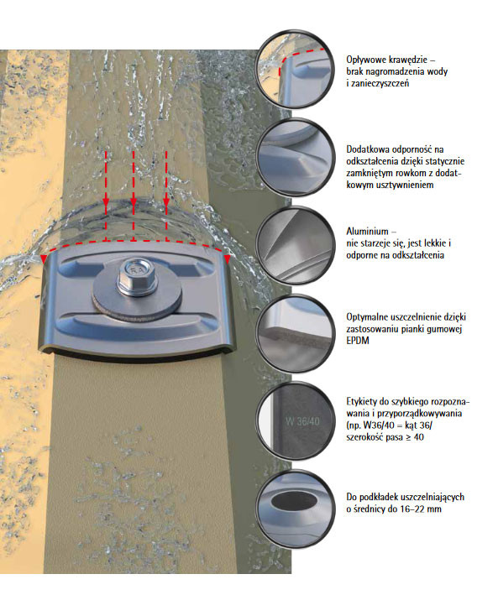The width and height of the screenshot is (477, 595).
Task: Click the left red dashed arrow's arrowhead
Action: pos(106,204)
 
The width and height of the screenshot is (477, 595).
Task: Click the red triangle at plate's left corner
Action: pos(44,259)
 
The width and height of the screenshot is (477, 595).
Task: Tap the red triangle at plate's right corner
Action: pos(227,259)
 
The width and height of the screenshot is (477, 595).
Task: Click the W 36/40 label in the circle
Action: pos(302,421)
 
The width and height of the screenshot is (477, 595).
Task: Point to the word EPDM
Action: pos(358,341)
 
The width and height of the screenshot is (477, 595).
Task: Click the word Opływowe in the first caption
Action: pos(366,60)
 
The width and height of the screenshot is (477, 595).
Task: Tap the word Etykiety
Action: pos(362,402)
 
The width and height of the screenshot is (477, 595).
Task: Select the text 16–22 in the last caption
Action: pos(401,509)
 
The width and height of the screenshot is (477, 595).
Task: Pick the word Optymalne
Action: pos(367,317)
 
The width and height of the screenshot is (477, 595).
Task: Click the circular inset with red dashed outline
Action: pos(295,69)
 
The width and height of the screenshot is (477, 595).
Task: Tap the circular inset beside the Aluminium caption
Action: pos(295,245)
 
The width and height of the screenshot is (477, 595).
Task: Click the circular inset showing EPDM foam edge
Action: pos(295,333)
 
